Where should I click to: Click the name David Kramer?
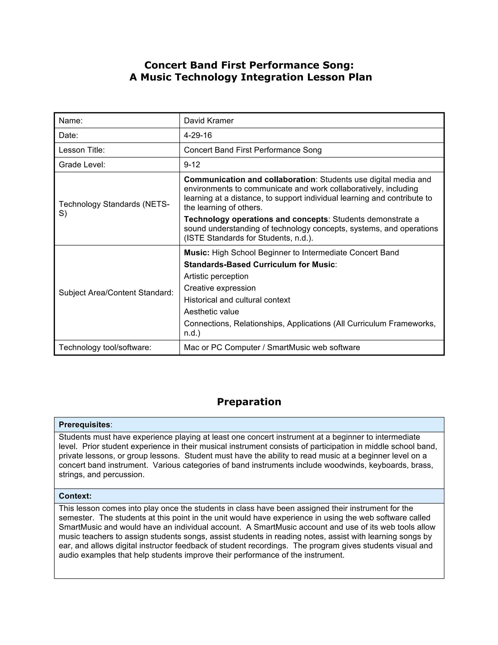click(209, 120)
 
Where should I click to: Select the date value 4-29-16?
click(198, 135)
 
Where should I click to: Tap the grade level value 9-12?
click(192, 165)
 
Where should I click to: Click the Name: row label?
click(71, 120)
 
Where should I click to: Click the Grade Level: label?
click(82, 165)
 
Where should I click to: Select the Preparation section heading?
click(249, 402)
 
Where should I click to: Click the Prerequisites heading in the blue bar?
click(85, 424)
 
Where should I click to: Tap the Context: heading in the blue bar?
click(75, 496)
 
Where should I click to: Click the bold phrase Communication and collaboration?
click(249, 180)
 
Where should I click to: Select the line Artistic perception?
click(216, 276)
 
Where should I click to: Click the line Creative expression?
click(220, 288)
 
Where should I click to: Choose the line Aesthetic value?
click(211, 312)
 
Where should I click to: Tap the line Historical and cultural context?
click(237, 300)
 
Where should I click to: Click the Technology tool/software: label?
click(105, 347)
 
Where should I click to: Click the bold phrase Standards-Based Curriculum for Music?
click(259, 264)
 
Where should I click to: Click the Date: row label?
click(68, 135)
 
